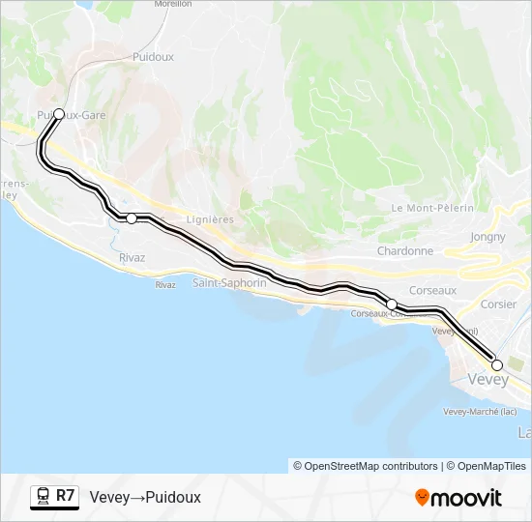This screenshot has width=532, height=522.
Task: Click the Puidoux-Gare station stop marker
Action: pos(59,114)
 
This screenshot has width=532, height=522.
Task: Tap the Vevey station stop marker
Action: pos(497,365)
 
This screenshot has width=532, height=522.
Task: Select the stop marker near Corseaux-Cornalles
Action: pos(392,304)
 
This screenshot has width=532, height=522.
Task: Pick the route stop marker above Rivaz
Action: pos(132,218)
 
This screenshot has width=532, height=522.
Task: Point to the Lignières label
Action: pos(210,220)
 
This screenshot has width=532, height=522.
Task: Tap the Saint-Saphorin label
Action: pos(229,283)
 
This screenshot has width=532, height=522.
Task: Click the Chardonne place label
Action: pos(404,251)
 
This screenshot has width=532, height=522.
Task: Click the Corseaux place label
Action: pos(432,289)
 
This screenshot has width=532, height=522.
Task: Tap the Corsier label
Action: pos(498,304)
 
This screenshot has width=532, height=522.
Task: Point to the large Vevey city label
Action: pos(488,380)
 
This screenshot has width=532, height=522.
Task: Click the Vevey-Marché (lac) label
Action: pos(472,412)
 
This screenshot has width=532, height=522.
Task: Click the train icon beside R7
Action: pos(43,497)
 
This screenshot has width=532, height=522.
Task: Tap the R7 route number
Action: pos(65,496)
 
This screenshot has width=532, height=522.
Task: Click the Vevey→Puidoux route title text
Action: pos(145,497)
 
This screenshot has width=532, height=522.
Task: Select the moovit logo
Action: pos(458,498)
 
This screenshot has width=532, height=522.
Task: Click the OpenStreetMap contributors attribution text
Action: pos(366,466)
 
